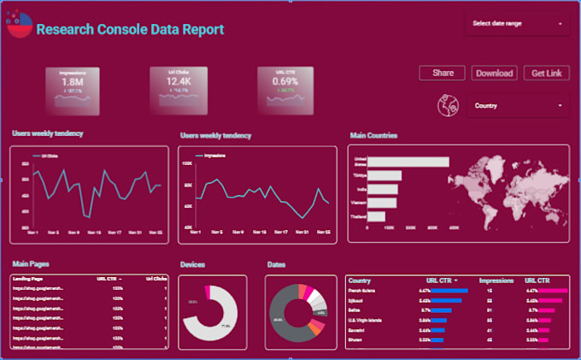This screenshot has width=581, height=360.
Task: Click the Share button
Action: pos(443,74)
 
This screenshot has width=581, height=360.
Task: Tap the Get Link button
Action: pos(546,74)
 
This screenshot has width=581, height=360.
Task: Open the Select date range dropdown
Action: pos(518,24)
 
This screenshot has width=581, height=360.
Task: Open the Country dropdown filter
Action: pos(518,106)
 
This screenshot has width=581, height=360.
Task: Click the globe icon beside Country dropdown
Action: pos(448,106)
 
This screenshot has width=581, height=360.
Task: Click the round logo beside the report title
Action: pos(20,27)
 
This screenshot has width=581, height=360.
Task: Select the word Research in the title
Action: pos(64,29)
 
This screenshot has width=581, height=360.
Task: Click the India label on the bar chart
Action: pos(360,188)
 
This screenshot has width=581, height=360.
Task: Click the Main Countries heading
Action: pos(373,135)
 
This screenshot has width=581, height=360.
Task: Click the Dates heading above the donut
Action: pos(276,265)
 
